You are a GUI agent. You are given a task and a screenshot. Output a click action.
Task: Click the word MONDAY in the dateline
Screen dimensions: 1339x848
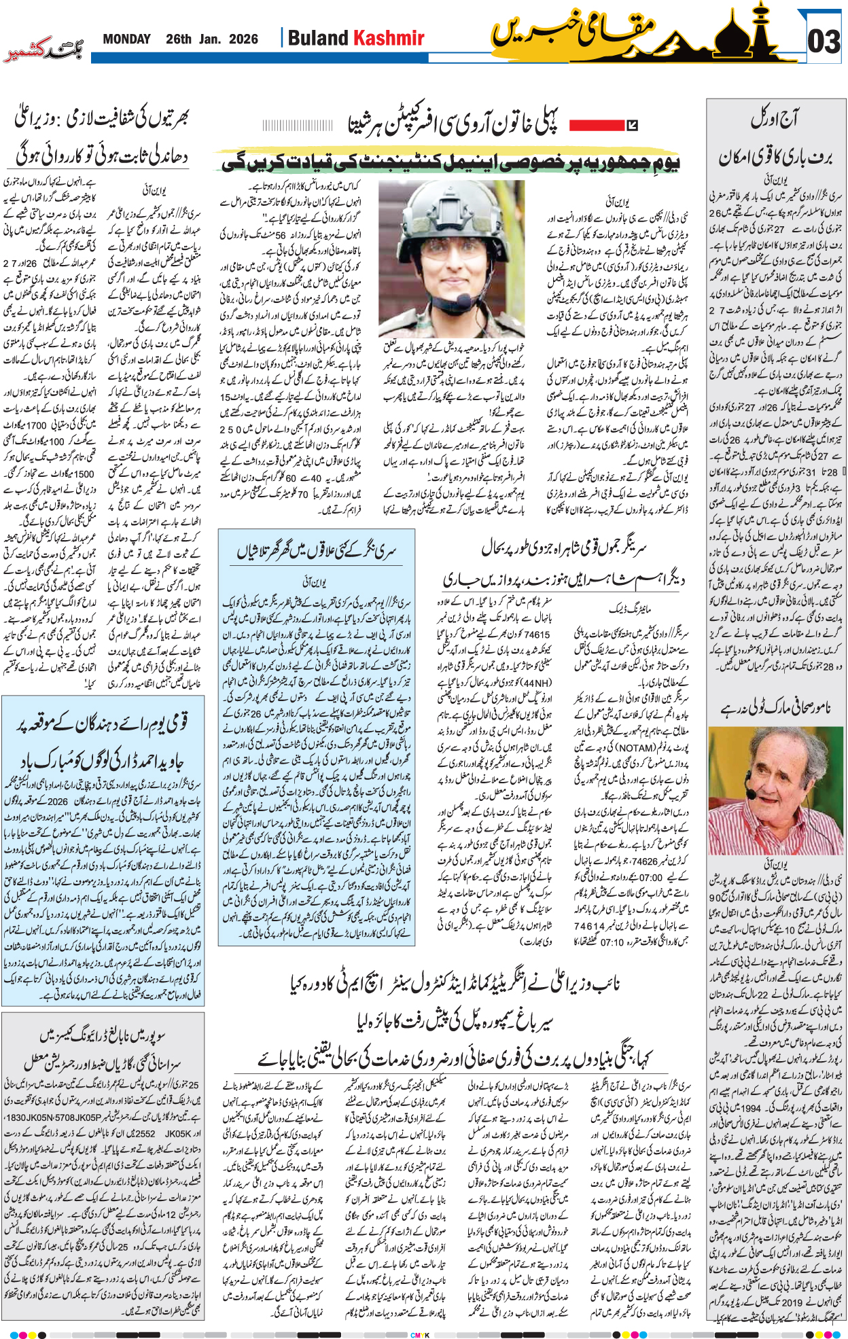126,39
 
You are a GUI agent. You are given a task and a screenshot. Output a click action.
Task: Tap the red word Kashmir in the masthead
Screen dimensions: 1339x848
390,38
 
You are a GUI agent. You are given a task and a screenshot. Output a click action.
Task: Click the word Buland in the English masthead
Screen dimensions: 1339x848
317,38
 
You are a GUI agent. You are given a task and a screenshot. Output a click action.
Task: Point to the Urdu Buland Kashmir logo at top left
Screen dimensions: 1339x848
43,52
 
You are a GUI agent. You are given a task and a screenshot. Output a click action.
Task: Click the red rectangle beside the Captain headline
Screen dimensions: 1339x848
596,125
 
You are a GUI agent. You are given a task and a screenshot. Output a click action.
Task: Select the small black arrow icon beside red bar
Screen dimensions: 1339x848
632,125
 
